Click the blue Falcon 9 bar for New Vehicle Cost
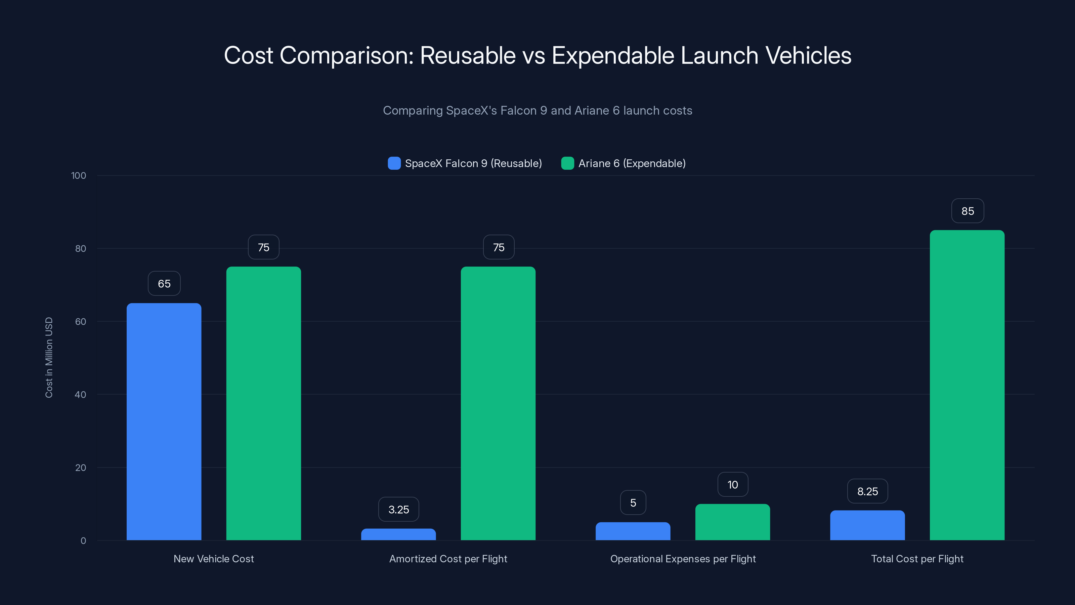pos(164,422)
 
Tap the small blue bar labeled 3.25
pos(398,534)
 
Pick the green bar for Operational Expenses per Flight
pos(732,522)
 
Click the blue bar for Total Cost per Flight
pos(867,525)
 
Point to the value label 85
pos(967,211)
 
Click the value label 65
pos(164,284)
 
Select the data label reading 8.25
pos(867,491)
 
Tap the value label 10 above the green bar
pos(732,485)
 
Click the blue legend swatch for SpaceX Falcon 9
pos(394,163)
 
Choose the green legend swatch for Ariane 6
pos(567,163)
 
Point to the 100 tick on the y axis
pos(79,176)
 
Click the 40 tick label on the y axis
pos(80,395)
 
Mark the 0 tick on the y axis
pos(83,541)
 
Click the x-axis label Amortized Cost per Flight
pos(448,559)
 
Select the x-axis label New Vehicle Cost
pos(213,559)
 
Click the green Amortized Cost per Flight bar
pos(498,403)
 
